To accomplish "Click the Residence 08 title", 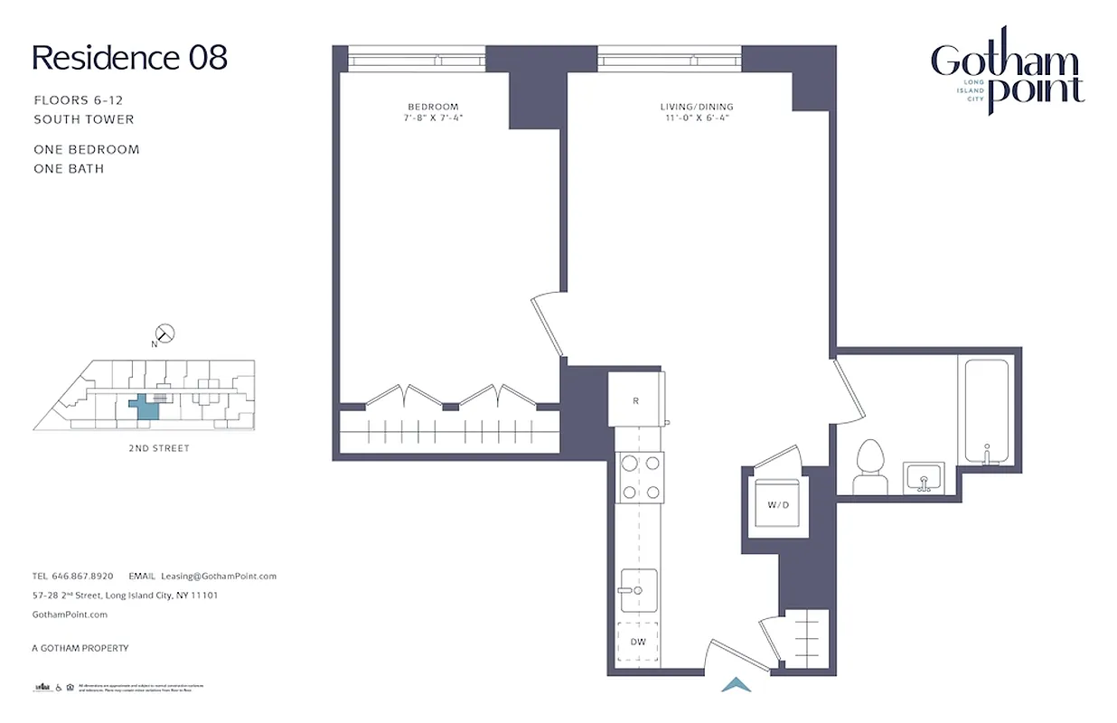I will (129, 58).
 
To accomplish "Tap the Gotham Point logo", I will (1007, 76).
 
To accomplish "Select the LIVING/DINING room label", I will (697, 107).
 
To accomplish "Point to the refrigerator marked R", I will (636, 399).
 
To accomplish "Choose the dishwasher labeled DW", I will (638, 642).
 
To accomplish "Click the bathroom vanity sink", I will (924, 475).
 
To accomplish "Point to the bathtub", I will (988, 412).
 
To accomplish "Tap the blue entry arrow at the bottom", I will (737, 685).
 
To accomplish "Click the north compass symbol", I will (165, 334).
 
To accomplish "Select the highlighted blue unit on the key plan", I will (145, 408).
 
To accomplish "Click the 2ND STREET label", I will (159, 448).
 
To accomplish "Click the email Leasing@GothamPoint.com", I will (218, 576).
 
